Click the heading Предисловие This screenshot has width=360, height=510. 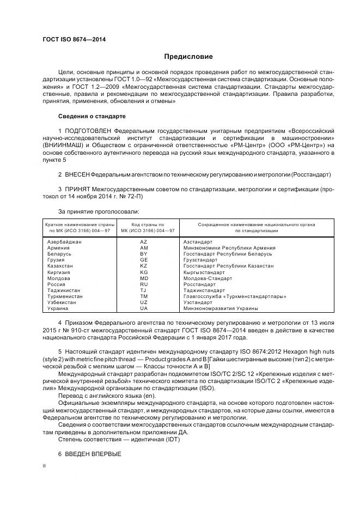coord(189,57)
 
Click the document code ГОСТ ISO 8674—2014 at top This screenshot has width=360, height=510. coord(74,40)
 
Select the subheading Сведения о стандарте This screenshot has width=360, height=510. coord(91,117)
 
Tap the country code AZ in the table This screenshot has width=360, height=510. coord(144,241)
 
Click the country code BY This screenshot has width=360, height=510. coord(144,253)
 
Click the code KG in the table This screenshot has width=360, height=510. coord(144,272)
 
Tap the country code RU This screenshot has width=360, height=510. coord(144,284)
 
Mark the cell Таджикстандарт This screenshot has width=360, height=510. coord(208,290)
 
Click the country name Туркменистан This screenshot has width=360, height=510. coord(65,296)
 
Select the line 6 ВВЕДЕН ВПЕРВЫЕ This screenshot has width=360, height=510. coord(89,454)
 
